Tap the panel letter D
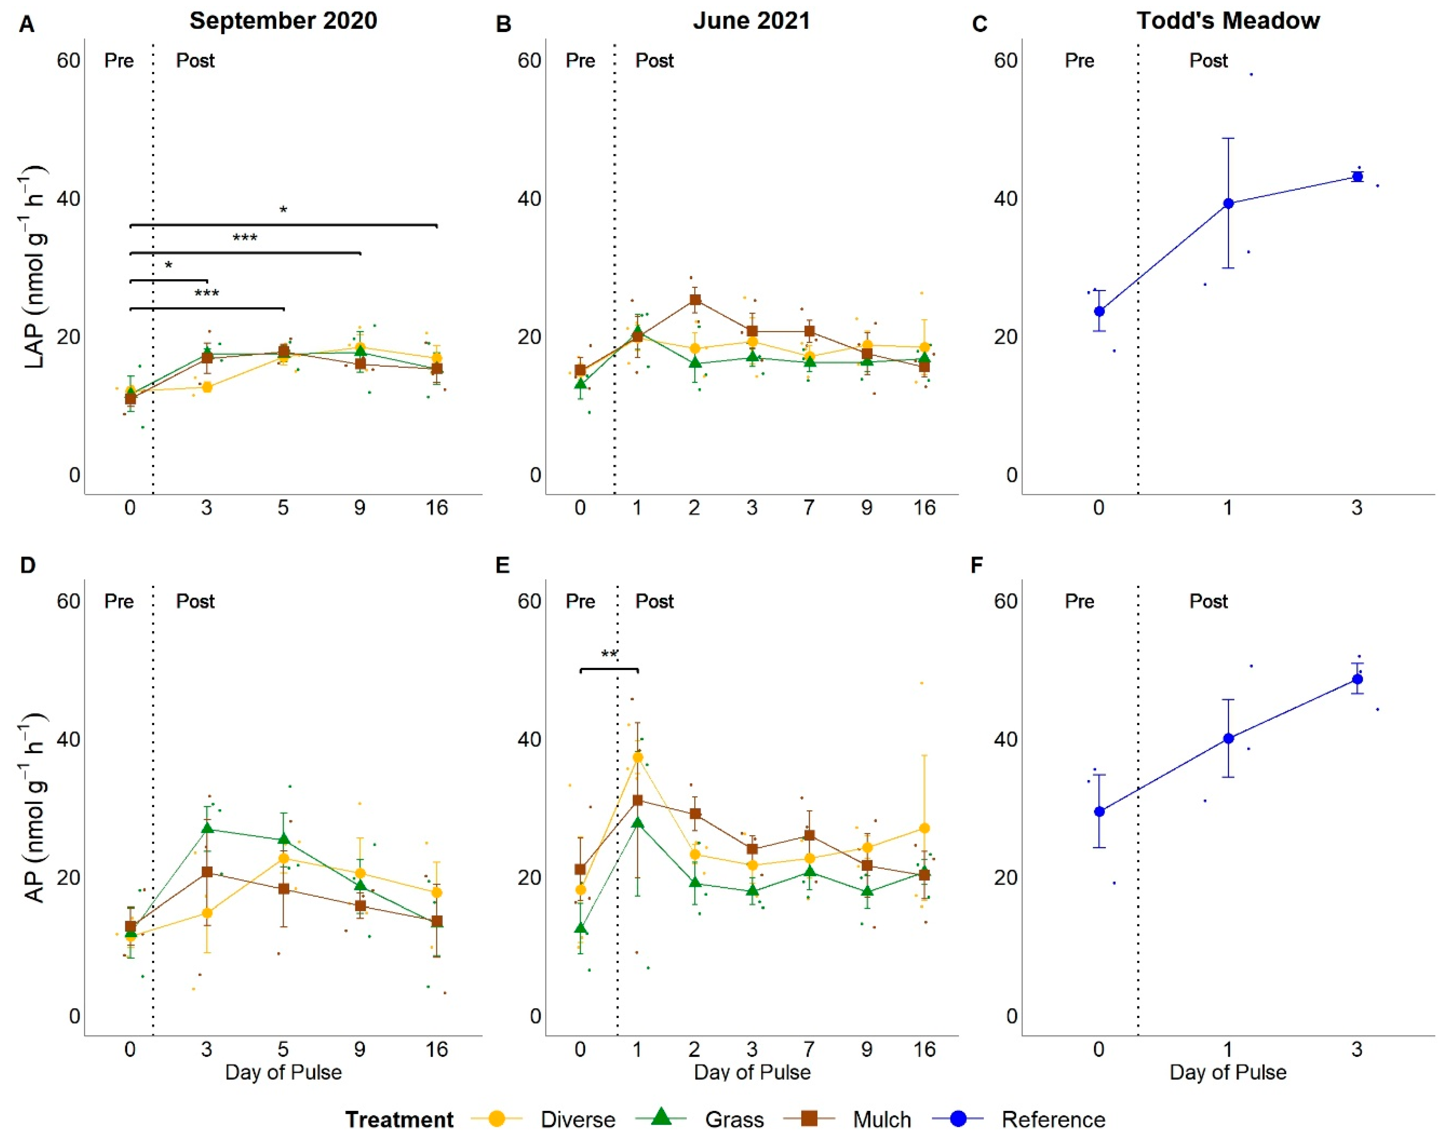[27, 566]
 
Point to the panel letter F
[977, 566]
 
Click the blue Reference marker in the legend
[958, 1118]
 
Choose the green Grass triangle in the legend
[661, 1117]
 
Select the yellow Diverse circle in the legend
[496, 1118]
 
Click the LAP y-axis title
[35, 267]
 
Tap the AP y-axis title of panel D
[35, 807]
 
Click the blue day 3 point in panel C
[1357, 177]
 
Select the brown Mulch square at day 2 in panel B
[695, 299]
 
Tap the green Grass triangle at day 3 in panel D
[207, 828]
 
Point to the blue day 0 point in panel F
[1100, 811]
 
